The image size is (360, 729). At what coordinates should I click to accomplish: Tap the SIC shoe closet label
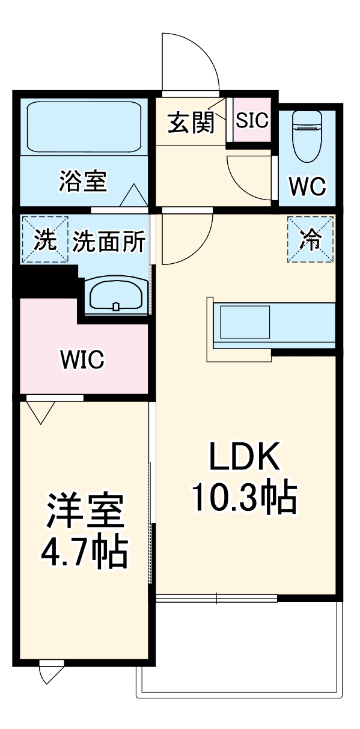coord(252,121)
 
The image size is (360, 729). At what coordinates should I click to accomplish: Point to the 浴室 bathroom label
coord(83,180)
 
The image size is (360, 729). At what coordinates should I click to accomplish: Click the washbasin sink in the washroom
coord(116,295)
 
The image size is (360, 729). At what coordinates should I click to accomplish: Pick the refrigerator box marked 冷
coord(311,239)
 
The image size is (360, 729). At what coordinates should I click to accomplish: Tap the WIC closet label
coord(82,359)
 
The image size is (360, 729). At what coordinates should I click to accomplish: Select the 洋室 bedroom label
coord(84,510)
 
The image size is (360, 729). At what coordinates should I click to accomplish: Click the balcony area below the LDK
coord(240,649)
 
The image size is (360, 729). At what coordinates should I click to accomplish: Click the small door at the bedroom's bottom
coord(51,672)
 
